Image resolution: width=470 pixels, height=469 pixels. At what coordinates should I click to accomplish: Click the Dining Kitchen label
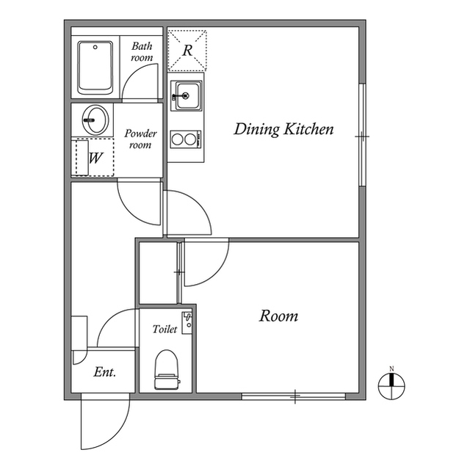click(283, 130)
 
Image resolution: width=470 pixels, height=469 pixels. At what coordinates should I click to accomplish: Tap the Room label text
click(279, 316)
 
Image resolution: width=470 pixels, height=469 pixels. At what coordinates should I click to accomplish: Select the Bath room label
click(142, 51)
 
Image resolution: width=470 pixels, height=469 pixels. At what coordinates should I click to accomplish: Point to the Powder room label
click(140, 139)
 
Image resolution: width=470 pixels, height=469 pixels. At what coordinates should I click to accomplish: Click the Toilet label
click(164, 330)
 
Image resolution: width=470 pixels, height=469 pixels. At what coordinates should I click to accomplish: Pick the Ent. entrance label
click(105, 372)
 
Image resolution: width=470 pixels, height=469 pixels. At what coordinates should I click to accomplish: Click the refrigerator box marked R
click(187, 50)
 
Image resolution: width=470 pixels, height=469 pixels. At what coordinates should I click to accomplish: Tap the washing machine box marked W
click(94, 157)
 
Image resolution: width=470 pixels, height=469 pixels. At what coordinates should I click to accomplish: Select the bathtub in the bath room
click(95, 67)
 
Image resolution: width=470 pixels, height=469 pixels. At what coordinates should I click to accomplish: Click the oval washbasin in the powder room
click(95, 120)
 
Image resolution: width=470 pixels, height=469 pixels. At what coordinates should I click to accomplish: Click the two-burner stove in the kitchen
click(185, 137)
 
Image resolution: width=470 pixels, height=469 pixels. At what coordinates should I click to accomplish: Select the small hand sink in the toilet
click(187, 321)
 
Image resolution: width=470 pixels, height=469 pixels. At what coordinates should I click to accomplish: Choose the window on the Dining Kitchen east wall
click(361, 135)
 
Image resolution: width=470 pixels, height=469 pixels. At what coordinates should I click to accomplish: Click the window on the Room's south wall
click(294, 397)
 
